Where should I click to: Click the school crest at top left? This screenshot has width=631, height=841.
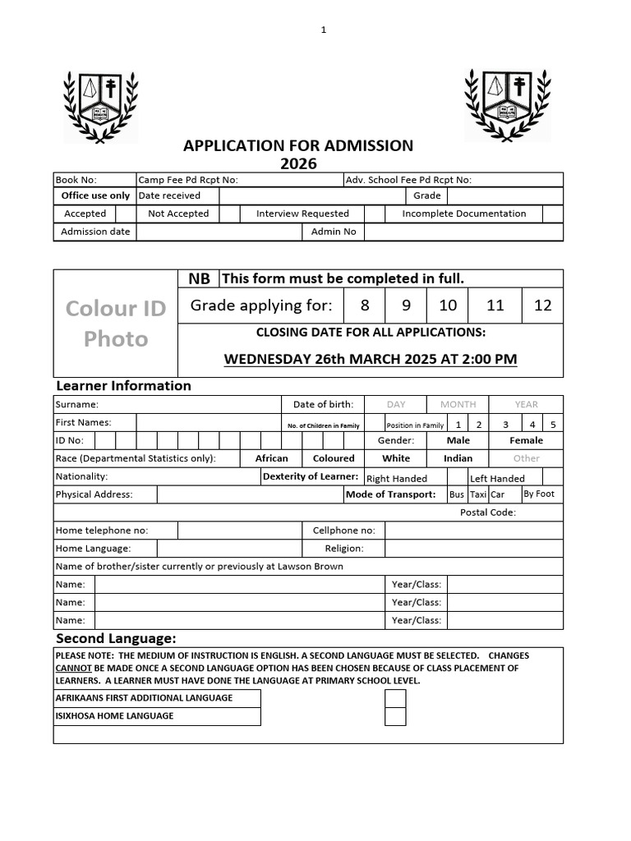tap(101, 105)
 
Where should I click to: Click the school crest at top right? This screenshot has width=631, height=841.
tap(506, 105)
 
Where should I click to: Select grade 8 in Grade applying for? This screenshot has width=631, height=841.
tap(365, 306)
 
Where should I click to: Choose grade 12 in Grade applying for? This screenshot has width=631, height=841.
tap(542, 306)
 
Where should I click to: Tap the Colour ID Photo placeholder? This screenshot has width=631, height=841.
tap(116, 323)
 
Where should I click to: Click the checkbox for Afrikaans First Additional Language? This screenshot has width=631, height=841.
tap(395, 698)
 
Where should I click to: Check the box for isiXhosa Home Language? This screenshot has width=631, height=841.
tap(395, 716)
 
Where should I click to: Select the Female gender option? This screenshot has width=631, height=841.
tap(526, 440)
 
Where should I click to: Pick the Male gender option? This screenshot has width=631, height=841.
tap(458, 440)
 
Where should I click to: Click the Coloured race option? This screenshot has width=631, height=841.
tap(334, 458)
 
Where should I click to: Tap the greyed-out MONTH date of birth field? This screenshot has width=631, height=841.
tap(458, 404)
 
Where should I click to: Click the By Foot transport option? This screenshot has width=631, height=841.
tap(539, 494)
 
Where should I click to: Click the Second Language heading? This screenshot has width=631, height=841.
tap(116, 638)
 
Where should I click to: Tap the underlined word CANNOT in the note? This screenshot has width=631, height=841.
tap(73, 668)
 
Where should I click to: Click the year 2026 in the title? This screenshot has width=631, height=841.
tap(298, 163)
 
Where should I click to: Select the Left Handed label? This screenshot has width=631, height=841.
tap(497, 478)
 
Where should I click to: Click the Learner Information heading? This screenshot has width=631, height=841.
tap(123, 385)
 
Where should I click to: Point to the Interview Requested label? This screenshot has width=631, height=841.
tap(302, 214)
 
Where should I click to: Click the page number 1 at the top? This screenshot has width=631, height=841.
tap(324, 30)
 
